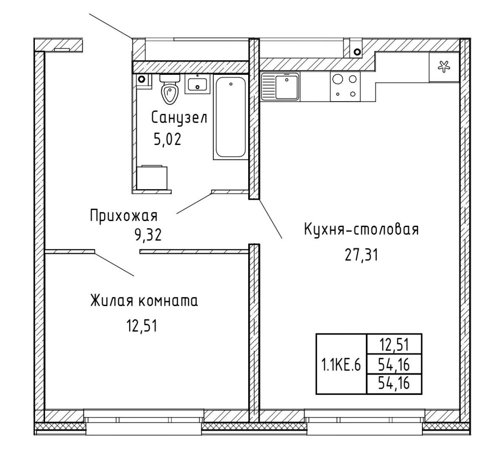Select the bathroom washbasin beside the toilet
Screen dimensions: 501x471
point(197,84)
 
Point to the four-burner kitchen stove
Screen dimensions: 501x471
point(345,87)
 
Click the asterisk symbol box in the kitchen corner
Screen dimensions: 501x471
point(444,67)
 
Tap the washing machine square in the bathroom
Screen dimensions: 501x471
point(152,178)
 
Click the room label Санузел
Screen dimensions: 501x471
point(179,118)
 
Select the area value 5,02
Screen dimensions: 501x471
point(168,139)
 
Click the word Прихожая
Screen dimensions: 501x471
point(124,217)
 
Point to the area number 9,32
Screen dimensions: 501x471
point(148,235)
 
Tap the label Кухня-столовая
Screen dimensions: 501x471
point(362,230)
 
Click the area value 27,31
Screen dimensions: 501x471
point(362,255)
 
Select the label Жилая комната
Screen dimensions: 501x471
point(144,301)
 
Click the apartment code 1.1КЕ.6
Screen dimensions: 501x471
point(341,366)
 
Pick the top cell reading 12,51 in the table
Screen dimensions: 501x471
point(394,345)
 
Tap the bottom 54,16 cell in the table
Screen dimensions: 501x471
point(394,384)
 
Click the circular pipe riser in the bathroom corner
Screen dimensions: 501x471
point(142,79)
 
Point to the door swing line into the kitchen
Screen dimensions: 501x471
point(270,219)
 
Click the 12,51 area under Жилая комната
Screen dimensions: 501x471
point(142,326)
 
